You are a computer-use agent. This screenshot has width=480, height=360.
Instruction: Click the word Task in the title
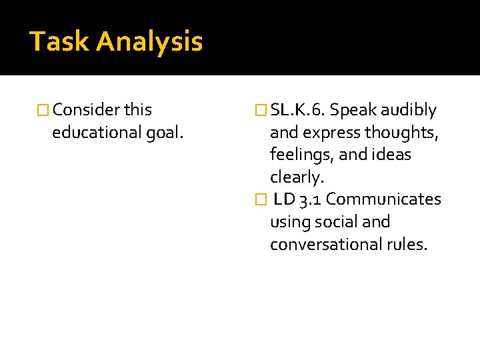(59, 41)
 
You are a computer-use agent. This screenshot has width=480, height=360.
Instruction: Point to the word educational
(94, 133)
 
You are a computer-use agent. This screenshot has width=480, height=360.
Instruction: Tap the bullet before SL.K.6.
(261, 110)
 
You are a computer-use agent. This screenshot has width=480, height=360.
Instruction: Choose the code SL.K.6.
(299, 110)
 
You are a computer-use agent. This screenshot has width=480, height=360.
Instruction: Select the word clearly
(295, 177)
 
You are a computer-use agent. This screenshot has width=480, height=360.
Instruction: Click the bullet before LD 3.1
(261, 199)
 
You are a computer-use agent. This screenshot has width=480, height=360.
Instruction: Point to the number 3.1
(310, 199)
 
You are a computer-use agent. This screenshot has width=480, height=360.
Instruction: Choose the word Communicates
(383, 199)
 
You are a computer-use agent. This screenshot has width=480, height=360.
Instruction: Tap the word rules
(407, 244)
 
